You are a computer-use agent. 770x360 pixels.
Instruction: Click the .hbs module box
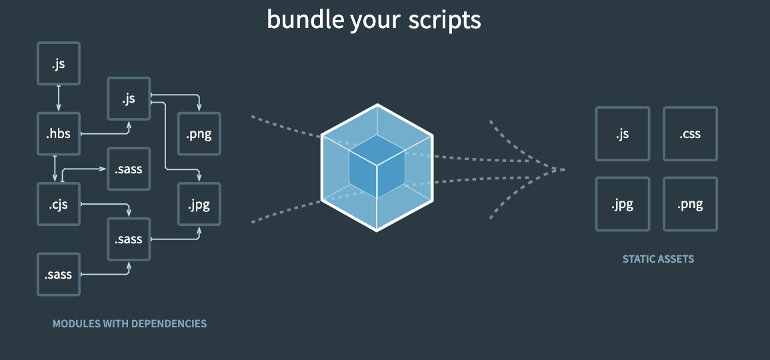(x=59, y=134)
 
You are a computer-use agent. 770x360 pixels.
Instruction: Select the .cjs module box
(x=59, y=205)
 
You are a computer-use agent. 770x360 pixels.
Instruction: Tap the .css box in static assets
(x=690, y=134)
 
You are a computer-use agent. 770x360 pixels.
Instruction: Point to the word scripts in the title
(x=445, y=20)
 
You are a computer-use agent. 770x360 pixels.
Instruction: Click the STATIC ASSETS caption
(x=658, y=259)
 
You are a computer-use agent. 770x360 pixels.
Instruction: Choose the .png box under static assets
(x=690, y=205)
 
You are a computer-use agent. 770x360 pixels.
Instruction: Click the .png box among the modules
(x=199, y=134)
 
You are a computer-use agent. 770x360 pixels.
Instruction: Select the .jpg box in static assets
(x=622, y=205)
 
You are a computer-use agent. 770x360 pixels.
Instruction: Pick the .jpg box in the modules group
(x=199, y=205)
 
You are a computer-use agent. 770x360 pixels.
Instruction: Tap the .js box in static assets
(x=622, y=134)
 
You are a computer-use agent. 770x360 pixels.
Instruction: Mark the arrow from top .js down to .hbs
(x=59, y=98)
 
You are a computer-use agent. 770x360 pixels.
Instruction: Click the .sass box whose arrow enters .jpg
(x=129, y=239)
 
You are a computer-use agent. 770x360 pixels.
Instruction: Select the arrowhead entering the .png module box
(x=199, y=108)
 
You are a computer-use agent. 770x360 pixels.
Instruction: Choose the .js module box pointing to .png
(x=129, y=99)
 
